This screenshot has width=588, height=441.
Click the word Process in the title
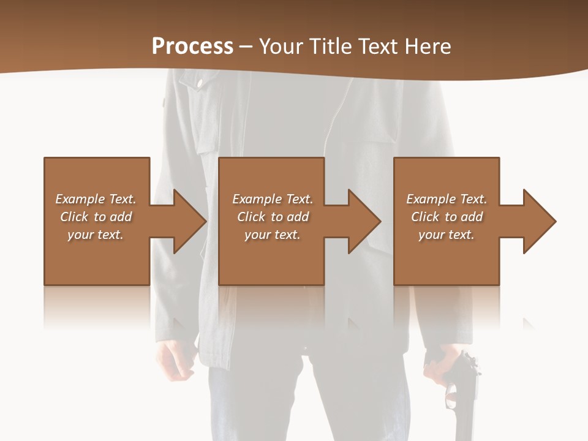192,46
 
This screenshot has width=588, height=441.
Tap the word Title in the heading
330,46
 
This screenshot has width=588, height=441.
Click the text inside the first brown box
96,217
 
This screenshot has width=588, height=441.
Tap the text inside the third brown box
447,217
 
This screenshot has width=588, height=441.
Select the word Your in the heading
281,46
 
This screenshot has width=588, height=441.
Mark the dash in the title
246,47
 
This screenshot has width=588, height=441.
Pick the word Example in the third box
431,199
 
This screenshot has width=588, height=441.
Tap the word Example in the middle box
257,199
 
